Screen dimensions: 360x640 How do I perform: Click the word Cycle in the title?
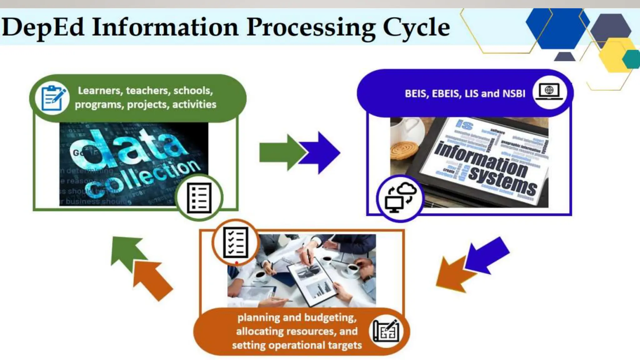pos(416,27)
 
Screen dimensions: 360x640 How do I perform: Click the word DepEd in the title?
pos(43,27)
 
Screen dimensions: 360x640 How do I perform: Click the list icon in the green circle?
pos(199,198)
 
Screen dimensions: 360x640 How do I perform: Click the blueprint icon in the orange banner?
pos(386,331)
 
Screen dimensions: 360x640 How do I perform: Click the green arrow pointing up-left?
pos(127,252)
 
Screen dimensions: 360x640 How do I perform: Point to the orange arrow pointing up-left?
pos(153,280)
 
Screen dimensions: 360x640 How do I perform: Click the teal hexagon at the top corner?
pos(632,59)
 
